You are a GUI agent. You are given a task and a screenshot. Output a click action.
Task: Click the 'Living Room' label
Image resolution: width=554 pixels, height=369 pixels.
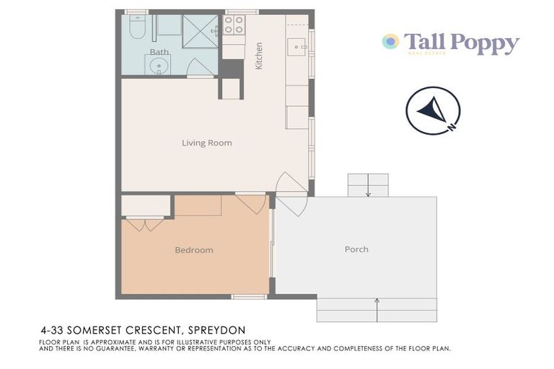click(206, 143)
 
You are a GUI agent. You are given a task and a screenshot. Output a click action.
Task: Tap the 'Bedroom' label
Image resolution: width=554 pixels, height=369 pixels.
click(194, 250)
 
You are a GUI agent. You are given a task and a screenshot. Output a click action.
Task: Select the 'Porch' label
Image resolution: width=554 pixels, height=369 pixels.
click(356, 249)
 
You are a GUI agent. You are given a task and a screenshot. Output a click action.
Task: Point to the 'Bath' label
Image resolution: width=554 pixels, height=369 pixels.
click(159, 52)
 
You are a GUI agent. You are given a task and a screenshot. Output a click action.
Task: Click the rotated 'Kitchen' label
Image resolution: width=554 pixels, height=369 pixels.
click(259, 55)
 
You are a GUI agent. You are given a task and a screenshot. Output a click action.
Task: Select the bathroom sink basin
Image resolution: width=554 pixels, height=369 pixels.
click(158, 66)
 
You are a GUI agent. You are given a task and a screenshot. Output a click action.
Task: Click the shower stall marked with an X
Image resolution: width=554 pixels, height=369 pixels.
click(200, 31)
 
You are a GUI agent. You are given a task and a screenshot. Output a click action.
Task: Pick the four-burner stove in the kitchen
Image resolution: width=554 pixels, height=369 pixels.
click(233, 25)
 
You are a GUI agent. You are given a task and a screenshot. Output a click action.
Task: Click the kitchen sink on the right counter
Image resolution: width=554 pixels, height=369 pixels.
click(296, 47)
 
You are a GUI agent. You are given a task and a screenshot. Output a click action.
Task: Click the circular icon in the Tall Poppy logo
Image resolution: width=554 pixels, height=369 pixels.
click(390, 41)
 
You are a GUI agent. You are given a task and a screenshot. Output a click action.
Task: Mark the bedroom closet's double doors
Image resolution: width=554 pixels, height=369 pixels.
click(145, 223)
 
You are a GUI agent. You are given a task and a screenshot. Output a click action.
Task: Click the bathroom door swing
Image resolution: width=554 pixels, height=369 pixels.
click(199, 68)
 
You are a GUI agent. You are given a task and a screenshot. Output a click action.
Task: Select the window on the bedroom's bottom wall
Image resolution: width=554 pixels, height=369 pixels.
click(249, 296)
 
